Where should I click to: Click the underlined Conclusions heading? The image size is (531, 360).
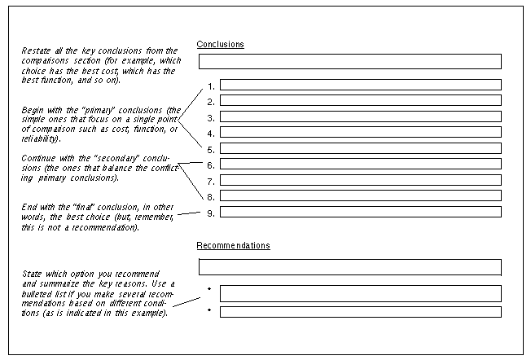click(220, 44)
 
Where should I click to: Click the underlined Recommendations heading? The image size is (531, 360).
click(233, 245)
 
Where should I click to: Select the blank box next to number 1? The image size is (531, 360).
click(361, 85)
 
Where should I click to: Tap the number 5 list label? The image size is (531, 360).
click(211, 150)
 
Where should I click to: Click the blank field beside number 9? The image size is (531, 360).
click(361, 212)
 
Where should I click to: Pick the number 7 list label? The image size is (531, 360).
click(211, 182)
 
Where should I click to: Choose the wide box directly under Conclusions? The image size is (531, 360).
click(350, 62)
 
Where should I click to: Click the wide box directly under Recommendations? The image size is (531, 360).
click(350, 267)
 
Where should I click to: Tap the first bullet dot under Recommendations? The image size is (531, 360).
click(209, 288)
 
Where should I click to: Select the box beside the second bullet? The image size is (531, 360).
click(361, 312)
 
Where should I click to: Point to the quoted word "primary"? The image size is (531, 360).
click(97, 111)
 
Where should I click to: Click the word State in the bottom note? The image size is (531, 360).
click(32, 274)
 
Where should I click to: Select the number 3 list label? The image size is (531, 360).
click(211, 118)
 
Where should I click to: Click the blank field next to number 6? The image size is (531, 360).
click(361, 164)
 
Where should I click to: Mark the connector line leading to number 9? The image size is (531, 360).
click(189, 213)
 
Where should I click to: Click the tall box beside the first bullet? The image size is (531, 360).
click(361, 294)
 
